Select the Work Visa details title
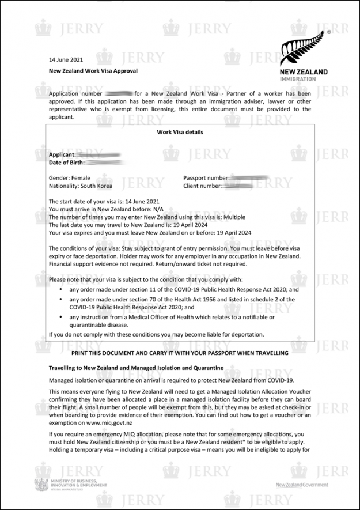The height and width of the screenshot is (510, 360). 180,132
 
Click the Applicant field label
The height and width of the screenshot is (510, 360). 62,154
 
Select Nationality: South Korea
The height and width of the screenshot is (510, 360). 81,186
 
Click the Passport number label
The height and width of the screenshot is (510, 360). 206,178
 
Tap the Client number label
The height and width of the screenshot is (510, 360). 202,186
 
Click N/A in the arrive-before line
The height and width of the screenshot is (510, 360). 154,209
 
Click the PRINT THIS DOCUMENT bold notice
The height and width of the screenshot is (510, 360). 180,352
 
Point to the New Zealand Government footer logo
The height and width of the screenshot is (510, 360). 302,485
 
